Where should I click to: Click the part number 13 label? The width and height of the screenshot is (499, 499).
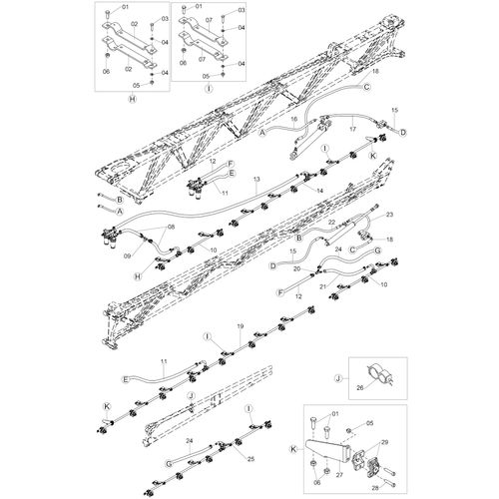click(256, 180)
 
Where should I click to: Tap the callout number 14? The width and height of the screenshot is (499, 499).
click(319, 191)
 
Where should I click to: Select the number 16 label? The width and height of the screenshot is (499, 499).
click(294, 119)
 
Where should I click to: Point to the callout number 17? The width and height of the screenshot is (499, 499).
click(352, 129)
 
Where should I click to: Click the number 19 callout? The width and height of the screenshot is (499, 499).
click(241, 326)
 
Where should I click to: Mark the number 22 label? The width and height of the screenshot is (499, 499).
click(331, 222)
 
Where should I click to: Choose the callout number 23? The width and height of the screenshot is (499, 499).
click(389, 215)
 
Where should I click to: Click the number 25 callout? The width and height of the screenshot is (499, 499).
click(250, 459)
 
